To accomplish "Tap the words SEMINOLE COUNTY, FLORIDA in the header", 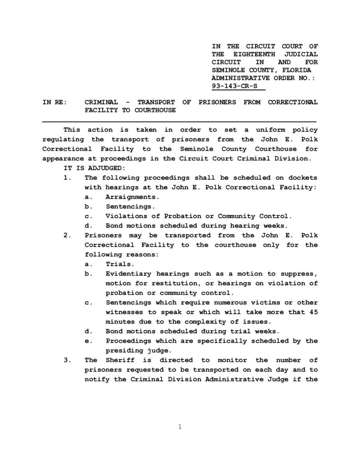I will (x=262, y=70).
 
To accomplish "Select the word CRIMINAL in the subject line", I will (x=101, y=102).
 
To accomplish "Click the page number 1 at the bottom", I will (x=180, y=426).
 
